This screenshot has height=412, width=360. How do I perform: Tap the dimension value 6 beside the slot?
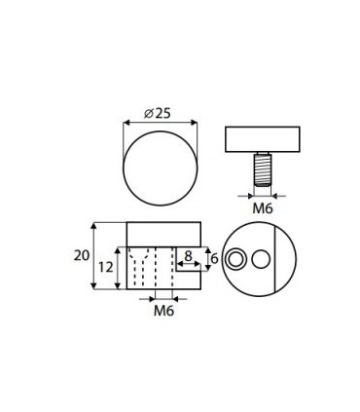214,258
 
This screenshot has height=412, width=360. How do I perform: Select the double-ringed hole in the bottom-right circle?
236,258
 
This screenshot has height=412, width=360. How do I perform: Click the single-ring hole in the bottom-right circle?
260,258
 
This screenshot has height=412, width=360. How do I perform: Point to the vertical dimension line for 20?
94,255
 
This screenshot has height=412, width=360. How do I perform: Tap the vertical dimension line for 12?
122,267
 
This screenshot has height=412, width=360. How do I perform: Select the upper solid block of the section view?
163,233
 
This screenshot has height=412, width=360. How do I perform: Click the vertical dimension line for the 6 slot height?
207,258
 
